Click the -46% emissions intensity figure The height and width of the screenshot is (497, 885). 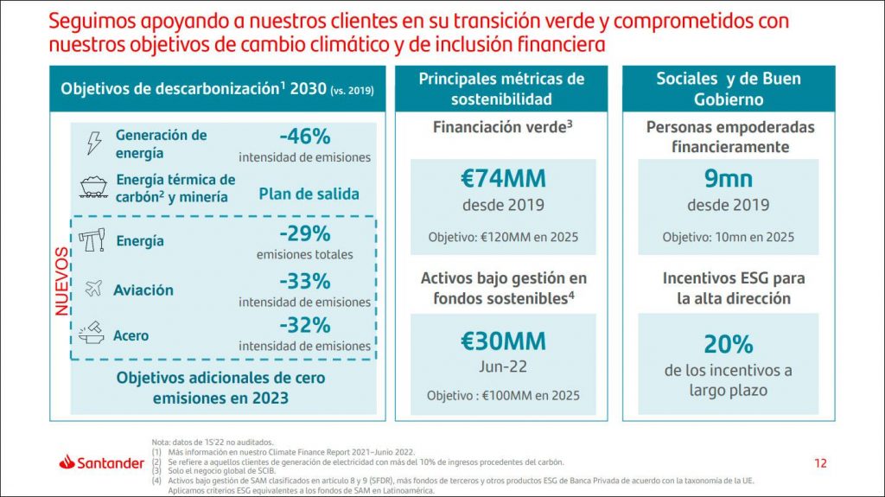(304, 137)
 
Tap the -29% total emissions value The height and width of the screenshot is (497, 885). (304, 234)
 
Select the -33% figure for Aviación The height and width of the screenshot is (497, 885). (304, 282)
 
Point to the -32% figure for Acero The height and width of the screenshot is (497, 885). (304, 326)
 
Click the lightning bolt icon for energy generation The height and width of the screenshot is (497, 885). (93, 143)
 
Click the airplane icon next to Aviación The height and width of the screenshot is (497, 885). (92, 290)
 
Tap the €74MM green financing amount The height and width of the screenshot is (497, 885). (502, 179)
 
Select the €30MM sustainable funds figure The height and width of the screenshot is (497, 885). (502, 341)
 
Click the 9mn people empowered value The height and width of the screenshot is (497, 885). (728, 179)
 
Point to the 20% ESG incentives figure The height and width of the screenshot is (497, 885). (728, 344)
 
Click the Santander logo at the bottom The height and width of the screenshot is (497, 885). (101, 463)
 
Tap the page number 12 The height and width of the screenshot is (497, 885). (820, 463)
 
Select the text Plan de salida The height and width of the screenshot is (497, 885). (309, 194)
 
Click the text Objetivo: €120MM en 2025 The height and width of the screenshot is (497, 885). (503, 237)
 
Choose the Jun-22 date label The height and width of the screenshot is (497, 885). (503, 366)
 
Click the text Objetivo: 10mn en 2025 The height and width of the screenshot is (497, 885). (728, 237)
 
